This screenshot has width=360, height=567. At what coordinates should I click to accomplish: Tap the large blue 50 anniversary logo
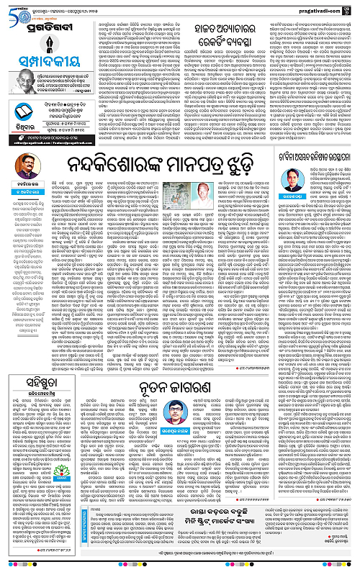[15, 9]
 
